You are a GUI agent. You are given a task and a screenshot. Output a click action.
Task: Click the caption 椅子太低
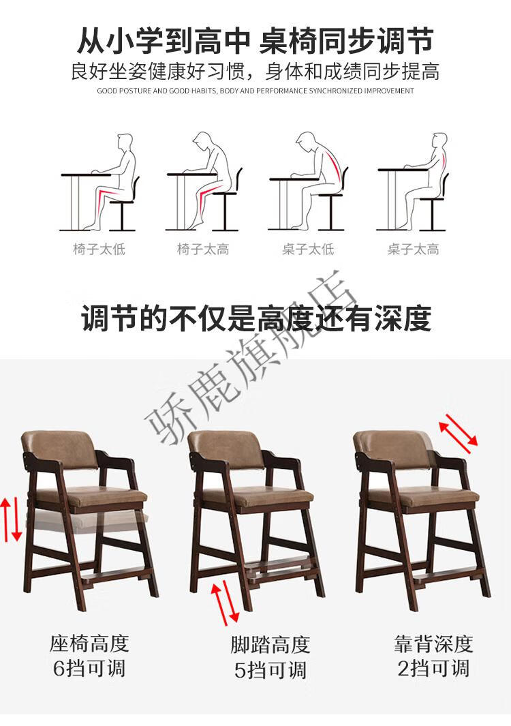tap(99, 249)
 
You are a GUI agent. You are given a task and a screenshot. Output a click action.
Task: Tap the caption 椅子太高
tap(203, 249)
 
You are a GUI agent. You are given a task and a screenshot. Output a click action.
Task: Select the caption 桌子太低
tap(308, 249)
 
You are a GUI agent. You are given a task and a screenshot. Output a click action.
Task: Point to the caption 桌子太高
tap(414, 249)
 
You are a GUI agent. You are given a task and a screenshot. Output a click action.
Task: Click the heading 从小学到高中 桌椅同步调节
tap(255, 41)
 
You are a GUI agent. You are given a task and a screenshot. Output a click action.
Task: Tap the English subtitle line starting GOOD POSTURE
tap(255, 91)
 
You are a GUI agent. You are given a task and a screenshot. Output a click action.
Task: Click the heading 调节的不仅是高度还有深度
tap(256, 318)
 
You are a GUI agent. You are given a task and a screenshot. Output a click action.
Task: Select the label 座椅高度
tap(89, 644)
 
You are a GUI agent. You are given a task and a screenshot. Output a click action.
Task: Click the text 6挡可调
tap(89, 669)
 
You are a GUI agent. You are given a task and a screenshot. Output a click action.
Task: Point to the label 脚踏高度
tap(270, 644)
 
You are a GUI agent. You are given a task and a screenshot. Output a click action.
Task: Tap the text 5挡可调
tap(270, 670)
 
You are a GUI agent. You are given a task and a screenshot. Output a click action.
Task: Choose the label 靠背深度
tap(434, 644)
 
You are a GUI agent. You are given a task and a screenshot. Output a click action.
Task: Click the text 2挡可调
tap(434, 669)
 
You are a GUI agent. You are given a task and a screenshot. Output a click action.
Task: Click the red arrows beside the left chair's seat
tap(11, 519)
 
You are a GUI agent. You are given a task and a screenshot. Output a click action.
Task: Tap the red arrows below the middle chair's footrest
tap(226, 602)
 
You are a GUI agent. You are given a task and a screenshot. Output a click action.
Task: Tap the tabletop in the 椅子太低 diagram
tap(86, 175)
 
